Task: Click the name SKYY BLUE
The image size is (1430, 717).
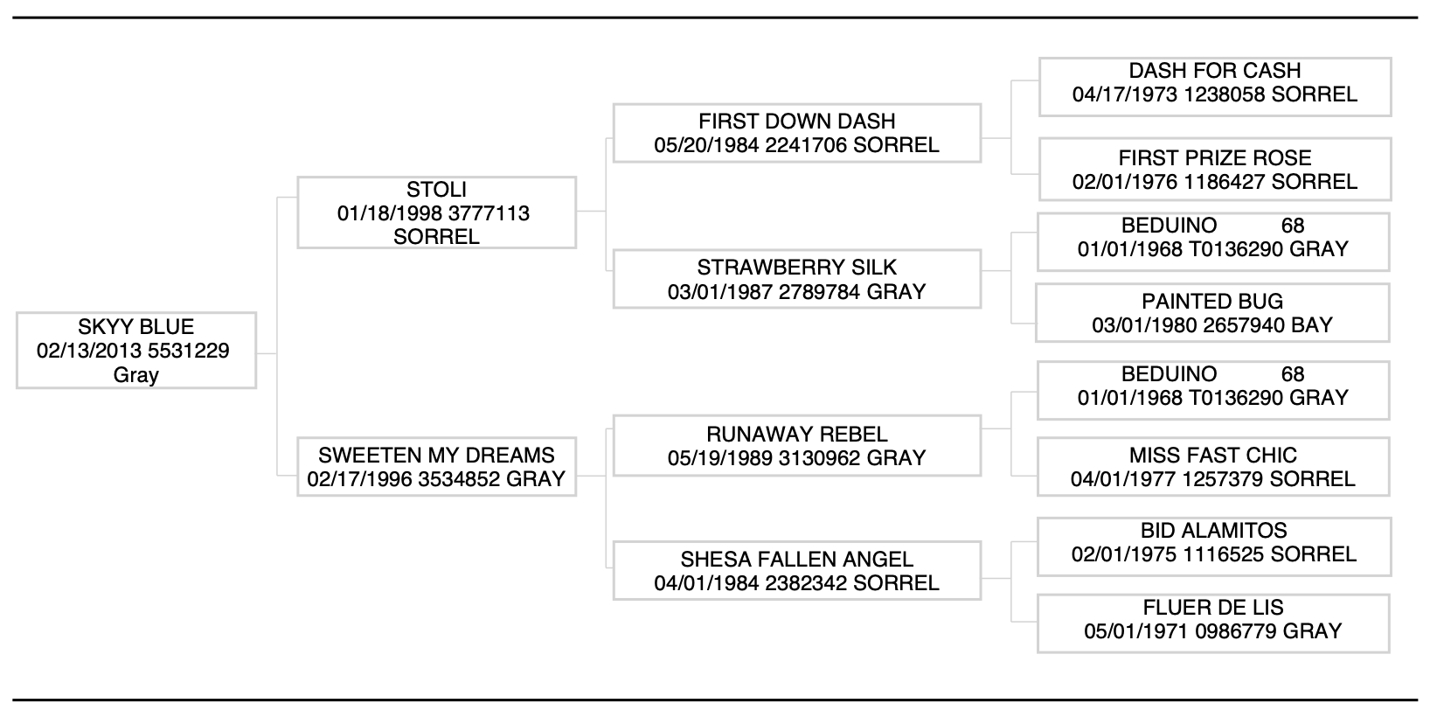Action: click(135, 327)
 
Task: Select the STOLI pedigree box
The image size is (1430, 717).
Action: click(436, 212)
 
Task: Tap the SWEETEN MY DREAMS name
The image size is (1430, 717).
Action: click(436, 455)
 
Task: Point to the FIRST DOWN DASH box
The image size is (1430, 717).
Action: click(796, 133)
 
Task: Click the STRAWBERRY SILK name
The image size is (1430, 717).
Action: click(796, 268)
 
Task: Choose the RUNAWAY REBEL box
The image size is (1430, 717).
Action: click(796, 446)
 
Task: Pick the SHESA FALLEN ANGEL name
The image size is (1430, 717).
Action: click(796, 559)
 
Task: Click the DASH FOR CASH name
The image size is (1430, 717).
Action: click(1214, 71)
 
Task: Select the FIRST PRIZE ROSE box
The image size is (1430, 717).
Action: click(1214, 170)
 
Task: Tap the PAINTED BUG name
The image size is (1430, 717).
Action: click(1212, 302)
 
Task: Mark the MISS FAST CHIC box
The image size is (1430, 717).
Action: click(1212, 467)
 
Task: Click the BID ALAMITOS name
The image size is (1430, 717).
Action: click(1213, 531)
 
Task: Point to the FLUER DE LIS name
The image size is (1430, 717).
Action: click(1213, 608)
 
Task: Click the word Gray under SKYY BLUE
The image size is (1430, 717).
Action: click(135, 375)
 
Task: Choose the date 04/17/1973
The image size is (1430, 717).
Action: click(1124, 94)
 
